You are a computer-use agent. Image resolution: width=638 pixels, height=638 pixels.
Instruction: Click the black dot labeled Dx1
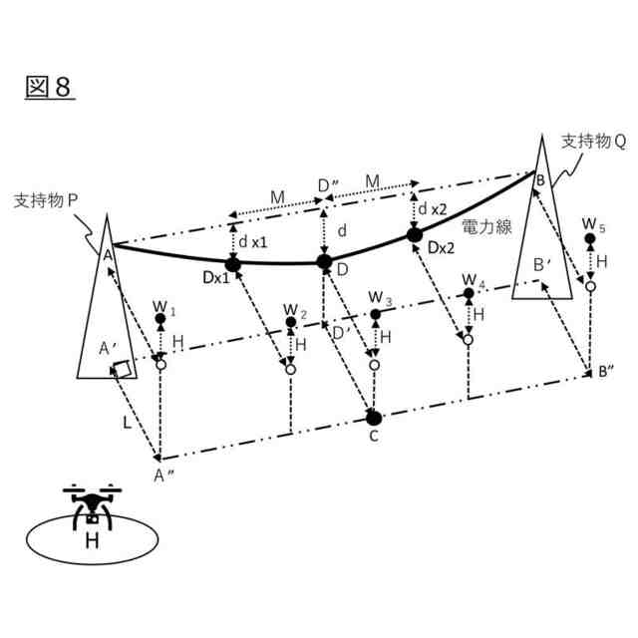234,264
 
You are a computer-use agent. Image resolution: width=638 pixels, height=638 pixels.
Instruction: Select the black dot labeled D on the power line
324,262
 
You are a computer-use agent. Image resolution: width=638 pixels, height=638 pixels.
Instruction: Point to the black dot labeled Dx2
415,235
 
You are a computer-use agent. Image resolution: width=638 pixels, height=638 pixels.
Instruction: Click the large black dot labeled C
374,416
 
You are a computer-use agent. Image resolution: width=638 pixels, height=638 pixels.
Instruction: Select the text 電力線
485,226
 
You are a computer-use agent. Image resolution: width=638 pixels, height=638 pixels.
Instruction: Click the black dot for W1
160,320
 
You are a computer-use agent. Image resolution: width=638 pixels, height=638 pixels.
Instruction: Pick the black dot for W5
590,239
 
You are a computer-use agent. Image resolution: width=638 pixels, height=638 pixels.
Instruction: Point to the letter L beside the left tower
126,424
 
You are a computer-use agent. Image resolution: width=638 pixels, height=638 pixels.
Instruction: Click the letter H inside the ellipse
91,541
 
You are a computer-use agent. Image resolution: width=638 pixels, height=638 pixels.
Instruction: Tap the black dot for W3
375,315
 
